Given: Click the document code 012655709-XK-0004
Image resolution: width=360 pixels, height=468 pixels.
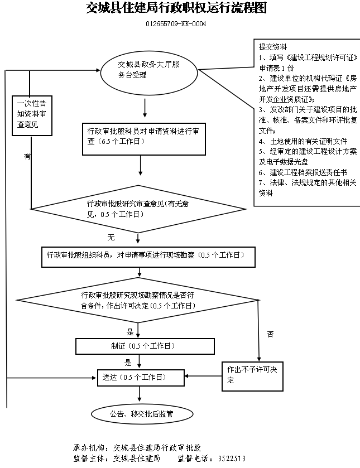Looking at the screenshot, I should [171, 25].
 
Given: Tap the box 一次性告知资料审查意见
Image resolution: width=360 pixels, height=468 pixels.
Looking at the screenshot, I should [32, 114].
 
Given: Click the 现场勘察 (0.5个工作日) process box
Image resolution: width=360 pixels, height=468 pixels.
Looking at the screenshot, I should [148, 256].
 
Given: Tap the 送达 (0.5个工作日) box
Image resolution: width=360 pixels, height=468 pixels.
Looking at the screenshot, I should [140, 378].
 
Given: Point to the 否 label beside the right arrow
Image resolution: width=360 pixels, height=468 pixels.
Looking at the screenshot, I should [270, 334].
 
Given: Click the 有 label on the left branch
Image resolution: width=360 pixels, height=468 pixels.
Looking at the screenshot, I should [27, 157].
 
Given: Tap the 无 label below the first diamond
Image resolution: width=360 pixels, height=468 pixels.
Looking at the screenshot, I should [111, 238].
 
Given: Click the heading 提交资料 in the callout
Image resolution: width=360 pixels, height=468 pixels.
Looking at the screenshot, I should [273, 46].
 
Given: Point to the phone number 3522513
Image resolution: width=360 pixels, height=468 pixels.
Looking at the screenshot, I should [232, 459].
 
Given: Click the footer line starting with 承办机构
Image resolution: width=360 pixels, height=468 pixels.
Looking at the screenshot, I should [137, 448].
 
